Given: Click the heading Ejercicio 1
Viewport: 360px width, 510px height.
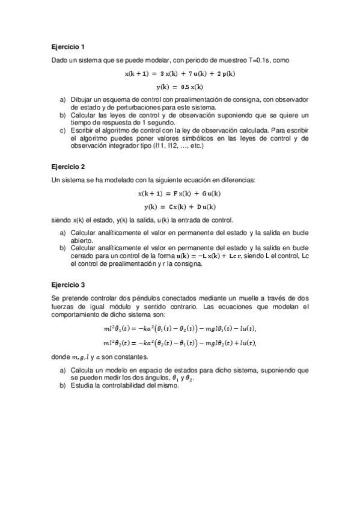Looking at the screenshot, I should (68, 46).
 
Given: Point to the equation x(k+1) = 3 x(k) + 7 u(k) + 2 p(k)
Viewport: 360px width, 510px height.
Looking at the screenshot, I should (180, 73).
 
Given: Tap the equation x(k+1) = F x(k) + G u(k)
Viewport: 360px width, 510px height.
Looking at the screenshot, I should (180, 193).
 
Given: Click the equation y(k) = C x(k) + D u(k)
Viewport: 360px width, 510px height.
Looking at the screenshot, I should (180, 206).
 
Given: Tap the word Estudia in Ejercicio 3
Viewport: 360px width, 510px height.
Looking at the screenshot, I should (82, 386).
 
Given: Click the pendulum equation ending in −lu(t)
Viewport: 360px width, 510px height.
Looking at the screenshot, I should (180, 328).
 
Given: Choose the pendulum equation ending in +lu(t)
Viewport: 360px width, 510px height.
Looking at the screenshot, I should (180, 343).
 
